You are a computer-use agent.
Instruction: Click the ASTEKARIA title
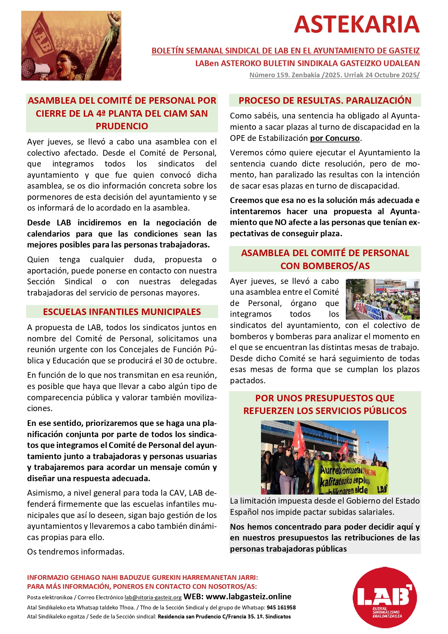tap(357, 24)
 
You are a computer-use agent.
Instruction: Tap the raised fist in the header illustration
tap(115, 19)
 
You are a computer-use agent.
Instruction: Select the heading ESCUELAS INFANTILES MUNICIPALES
tap(122, 312)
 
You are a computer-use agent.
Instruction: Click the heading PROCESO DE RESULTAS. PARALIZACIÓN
tap(325, 100)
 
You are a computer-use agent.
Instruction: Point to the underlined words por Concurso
tap(335, 138)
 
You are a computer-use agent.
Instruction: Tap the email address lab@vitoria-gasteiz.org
tap(153, 598)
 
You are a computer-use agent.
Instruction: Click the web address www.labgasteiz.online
tap(248, 597)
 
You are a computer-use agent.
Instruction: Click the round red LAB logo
tap(384, 598)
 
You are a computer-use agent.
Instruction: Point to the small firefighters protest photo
tap(383, 299)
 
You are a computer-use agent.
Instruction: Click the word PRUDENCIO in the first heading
tap(122, 126)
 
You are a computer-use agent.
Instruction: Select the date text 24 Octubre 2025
tap(392, 75)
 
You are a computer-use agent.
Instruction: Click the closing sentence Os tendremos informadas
tap(76, 552)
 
